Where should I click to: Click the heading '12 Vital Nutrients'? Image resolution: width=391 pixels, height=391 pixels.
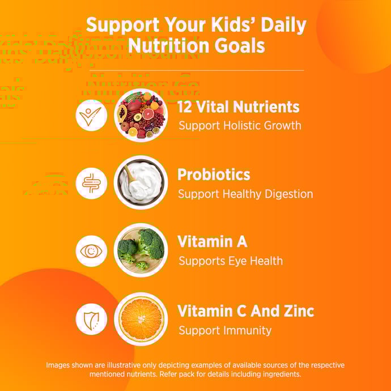point(238,107)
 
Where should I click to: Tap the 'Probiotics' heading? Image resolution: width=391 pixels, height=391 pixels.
point(214,174)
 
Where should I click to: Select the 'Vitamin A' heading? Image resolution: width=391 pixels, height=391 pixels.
point(212,242)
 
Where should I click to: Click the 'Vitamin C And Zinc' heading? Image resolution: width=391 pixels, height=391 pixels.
point(245,311)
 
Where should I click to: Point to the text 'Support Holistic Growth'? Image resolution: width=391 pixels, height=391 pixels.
point(239,125)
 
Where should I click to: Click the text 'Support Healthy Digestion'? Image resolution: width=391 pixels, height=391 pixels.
point(245,194)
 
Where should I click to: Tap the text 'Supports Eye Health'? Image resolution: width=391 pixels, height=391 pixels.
point(230,261)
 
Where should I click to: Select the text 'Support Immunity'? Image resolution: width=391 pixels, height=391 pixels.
point(225,330)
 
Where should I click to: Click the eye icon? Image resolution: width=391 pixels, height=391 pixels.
point(91,250)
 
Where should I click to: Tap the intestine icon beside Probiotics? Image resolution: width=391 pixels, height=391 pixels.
point(91,183)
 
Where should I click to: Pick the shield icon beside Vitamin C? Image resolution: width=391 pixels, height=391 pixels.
point(91,319)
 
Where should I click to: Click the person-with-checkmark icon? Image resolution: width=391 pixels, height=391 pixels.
point(91,115)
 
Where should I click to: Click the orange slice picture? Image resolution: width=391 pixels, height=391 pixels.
point(141,319)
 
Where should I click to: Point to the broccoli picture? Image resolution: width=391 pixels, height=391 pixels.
point(141,250)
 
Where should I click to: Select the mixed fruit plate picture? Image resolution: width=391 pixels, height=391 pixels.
point(141,115)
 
